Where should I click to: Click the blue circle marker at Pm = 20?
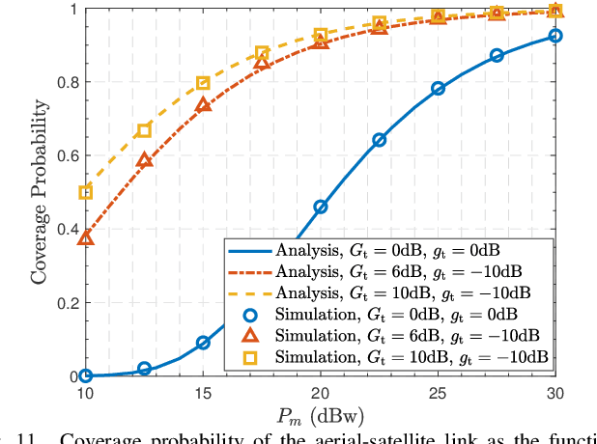click(x=321, y=207)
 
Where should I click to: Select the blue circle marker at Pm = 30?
click(x=555, y=36)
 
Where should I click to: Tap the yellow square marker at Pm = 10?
click(x=86, y=192)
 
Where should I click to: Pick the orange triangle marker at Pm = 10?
click(x=86, y=236)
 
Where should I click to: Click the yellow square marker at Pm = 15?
click(x=203, y=83)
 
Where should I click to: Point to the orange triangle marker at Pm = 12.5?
click(x=145, y=160)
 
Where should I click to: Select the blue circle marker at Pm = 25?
click(x=439, y=88)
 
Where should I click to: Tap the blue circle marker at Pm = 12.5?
click(x=145, y=369)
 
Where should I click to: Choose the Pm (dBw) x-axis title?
click(x=321, y=418)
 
